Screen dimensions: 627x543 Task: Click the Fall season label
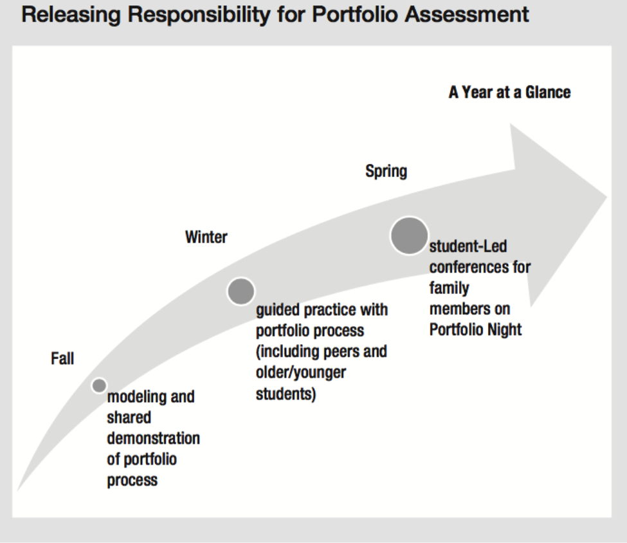[x=62, y=358]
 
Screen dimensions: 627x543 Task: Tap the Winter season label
[x=206, y=237]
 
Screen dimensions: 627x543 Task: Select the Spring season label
[x=386, y=172]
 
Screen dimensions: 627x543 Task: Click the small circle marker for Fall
[x=99, y=386]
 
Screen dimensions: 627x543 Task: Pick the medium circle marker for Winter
[x=241, y=291]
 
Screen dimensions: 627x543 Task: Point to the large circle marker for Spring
[x=409, y=235]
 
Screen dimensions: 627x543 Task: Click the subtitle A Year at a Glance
[x=509, y=93]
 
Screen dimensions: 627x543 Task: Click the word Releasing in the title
[x=71, y=15]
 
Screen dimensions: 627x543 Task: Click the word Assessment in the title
[x=467, y=14]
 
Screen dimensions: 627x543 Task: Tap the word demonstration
[x=153, y=438]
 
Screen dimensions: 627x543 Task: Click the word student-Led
[x=468, y=246]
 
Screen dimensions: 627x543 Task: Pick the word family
[x=449, y=288]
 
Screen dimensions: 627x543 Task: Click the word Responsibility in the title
[x=199, y=15]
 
